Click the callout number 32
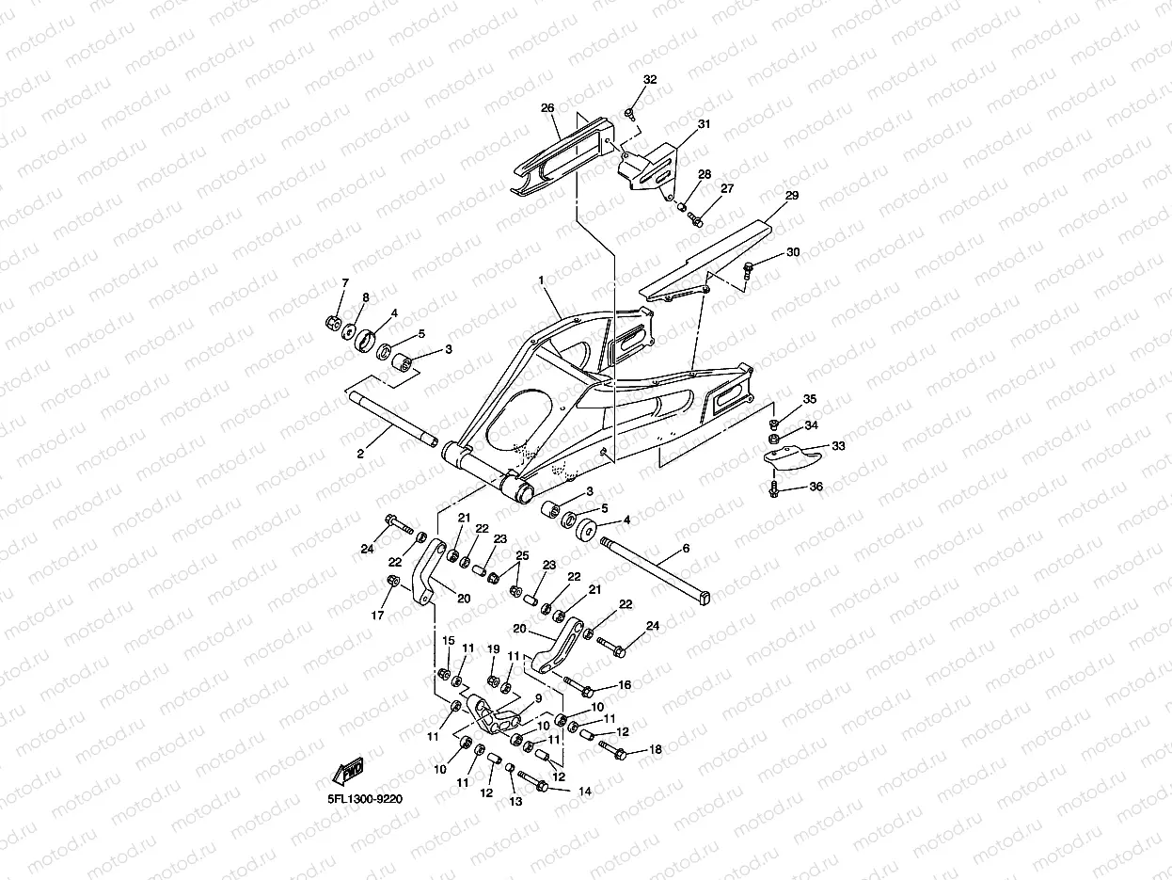[x=650, y=80]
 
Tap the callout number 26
[x=547, y=108]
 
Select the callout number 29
[x=792, y=196]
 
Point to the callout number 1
[x=541, y=280]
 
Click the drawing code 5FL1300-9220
[x=365, y=799]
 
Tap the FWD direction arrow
[x=348, y=771]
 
